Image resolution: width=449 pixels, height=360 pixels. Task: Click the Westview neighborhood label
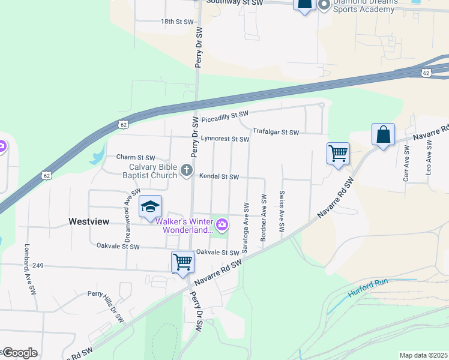coord(89,221)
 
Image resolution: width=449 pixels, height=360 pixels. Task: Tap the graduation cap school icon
coord(150,208)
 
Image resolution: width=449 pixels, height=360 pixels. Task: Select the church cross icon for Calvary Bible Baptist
coord(187,172)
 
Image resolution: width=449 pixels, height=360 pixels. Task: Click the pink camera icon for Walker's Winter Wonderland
coord(223,225)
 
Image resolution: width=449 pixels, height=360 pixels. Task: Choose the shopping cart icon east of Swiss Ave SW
coord(338,153)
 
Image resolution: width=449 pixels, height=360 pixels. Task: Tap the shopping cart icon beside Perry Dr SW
coord(182,262)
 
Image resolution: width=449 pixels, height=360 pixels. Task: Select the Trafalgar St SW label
coord(276,131)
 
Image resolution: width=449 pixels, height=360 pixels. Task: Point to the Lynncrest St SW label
coord(224,139)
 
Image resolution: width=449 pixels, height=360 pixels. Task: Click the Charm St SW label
coord(135,158)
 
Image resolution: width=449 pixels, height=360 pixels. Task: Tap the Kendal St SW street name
coord(219,177)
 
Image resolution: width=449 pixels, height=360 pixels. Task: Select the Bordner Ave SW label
coord(264,217)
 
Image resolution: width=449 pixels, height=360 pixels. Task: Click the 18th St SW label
coord(177,22)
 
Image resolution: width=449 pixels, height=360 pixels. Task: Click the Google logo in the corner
coord(20,353)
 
